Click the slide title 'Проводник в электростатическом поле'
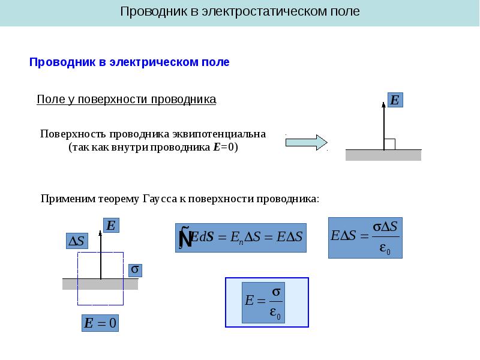click(240, 11)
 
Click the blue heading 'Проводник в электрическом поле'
click(130, 62)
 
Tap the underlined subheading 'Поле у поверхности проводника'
click(126, 100)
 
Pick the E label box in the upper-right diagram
click(395, 100)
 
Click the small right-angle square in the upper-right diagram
click(389, 144)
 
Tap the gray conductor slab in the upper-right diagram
click(383, 155)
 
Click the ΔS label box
click(77, 241)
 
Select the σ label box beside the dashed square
click(136, 271)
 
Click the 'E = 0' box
click(100, 323)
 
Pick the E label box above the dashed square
click(110, 226)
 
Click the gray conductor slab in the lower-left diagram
click(72, 284)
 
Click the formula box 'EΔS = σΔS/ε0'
click(365, 238)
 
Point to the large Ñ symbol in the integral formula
click(185, 238)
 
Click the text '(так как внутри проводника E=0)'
click(153, 147)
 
